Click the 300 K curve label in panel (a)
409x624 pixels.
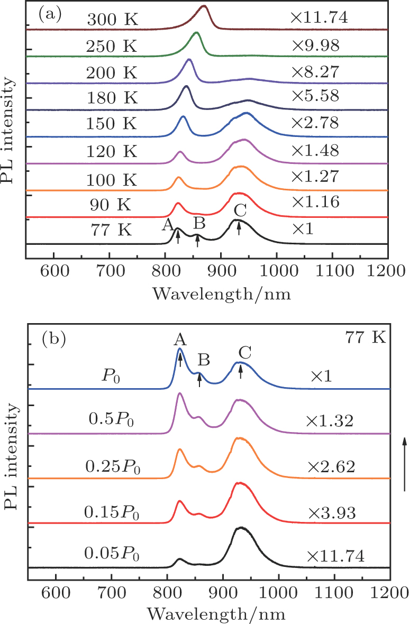pos(112,20)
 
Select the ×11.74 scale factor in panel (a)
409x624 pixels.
pos(318,18)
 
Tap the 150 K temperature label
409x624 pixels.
pos(112,124)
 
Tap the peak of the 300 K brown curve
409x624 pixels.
pos(204,7)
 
